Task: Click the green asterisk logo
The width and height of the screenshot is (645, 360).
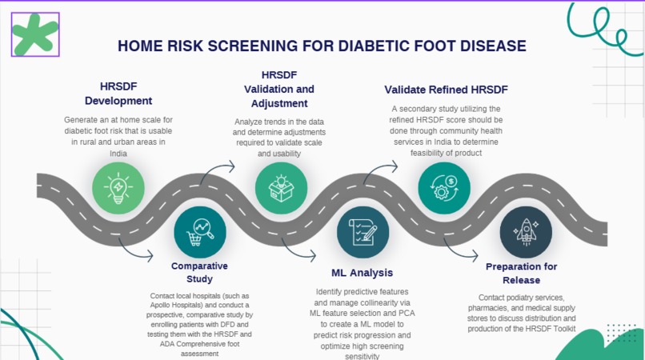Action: (35, 35)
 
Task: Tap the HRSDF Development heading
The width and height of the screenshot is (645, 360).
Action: (118, 94)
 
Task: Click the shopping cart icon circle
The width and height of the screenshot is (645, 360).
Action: (200, 232)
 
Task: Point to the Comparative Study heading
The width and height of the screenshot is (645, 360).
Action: (200, 272)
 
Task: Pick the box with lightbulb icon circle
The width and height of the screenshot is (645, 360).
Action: (281, 187)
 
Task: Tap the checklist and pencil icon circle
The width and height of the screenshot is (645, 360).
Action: (363, 232)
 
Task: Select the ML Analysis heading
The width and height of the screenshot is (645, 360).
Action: (363, 273)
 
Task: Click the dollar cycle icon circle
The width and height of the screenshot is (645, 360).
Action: (444, 187)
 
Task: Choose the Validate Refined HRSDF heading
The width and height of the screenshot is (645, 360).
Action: (446, 89)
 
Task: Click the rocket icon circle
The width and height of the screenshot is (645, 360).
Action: (526, 232)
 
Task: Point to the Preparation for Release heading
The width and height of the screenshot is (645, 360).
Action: (521, 273)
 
